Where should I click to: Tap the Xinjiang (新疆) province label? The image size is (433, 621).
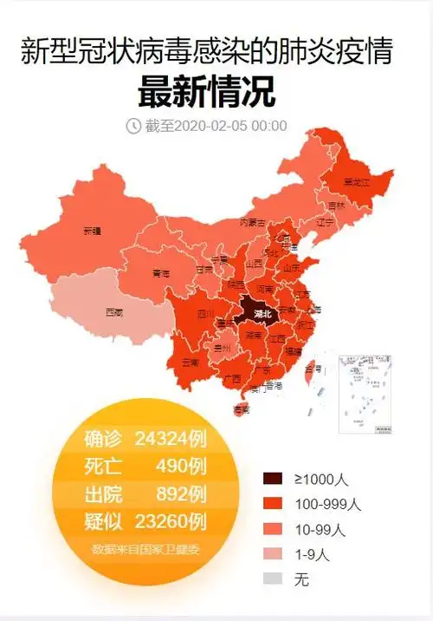click(92, 232)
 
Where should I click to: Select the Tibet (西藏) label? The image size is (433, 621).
click(113, 310)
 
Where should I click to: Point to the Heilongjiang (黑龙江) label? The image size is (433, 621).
click(356, 183)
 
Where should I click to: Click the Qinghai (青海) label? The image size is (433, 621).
click(161, 273)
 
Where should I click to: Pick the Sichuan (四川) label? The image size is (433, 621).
click(204, 314)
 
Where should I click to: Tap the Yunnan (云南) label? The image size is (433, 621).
click(191, 362)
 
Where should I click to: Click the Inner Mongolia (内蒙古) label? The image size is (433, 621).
click(252, 223)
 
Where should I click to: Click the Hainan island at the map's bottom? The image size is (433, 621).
click(242, 409)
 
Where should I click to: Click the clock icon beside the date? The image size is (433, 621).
click(134, 126)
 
